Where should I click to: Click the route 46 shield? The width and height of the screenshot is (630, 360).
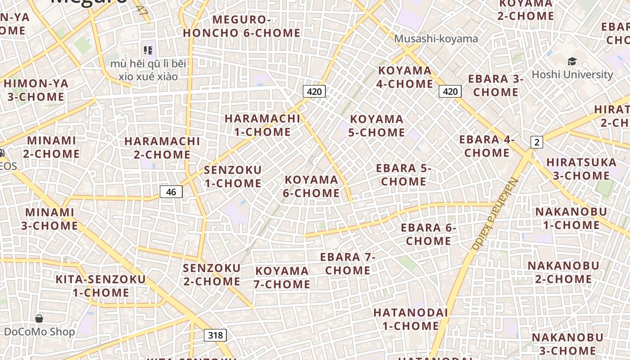(x=171, y=192)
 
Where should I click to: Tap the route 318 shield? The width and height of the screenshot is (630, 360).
(x=215, y=335)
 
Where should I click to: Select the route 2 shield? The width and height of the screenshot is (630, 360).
(x=536, y=143)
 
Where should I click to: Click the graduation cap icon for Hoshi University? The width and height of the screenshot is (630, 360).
(x=572, y=62)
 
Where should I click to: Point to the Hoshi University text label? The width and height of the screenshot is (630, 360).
(x=572, y=75)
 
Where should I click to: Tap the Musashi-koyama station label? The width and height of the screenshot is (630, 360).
(x=436, y=39)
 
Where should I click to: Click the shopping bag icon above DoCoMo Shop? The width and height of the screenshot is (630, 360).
(x=39, y=319)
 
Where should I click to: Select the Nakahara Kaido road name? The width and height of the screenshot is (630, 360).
(x=495, y=214)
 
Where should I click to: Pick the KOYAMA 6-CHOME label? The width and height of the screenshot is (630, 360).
(x=311, y=186)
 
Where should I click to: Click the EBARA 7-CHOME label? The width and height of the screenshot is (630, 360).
(x=347, y=264)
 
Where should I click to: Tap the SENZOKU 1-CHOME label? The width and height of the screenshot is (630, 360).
(x=233, y=176)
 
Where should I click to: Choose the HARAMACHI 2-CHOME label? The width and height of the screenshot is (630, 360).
(x=162, y=148)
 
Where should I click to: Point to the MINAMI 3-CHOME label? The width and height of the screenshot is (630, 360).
(x=49, y=219)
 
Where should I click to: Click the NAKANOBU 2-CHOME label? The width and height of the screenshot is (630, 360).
(x=563, y=272)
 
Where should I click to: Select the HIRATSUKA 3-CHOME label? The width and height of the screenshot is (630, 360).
(x=581, y=169)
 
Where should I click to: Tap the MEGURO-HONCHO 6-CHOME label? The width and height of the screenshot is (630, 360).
(x=242, y=26)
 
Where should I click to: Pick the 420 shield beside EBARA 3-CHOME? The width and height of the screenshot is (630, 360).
(x=450, y=92)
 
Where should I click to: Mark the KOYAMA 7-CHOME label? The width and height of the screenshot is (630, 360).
(x=282, y=277)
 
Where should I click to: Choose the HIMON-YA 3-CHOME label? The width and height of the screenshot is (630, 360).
(x=36, y=90)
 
